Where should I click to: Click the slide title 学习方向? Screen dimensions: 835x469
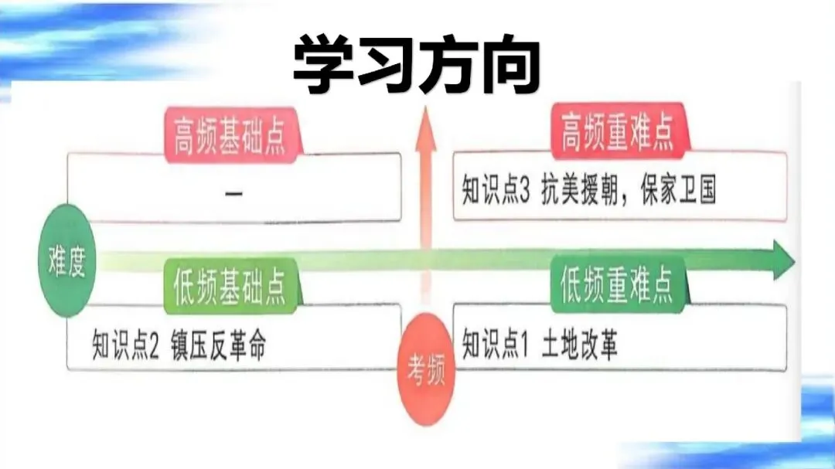tap(416, 63)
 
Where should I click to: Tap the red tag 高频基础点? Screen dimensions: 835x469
tap(229, 138)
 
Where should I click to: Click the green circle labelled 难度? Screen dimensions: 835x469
tap(66, 261)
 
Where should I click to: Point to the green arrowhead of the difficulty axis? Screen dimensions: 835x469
tap(782, 260)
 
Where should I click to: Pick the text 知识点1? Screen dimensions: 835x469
tap(495, 345)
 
